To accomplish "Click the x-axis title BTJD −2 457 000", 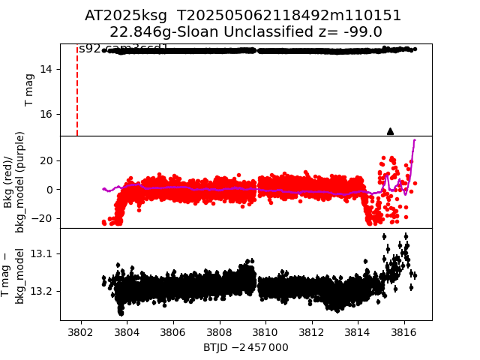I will [246, 347].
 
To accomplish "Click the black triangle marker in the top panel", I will [390, 131].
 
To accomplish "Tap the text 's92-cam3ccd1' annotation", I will [124, 49].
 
